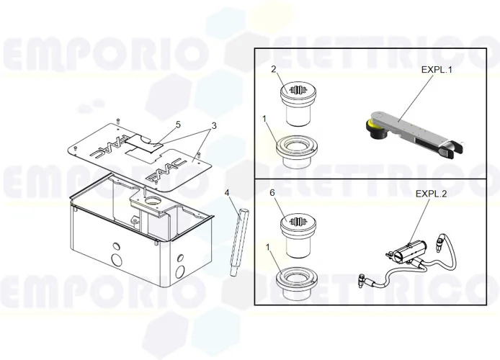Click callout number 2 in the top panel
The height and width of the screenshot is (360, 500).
pos(273,69)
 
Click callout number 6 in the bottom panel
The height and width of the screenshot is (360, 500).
pos(273,194)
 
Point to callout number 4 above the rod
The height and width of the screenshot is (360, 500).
pos(227,193)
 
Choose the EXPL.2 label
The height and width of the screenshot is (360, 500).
pos(431,194)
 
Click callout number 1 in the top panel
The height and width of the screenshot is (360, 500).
pos(265,119)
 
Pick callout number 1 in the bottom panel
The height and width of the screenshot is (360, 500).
pos(268,247)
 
